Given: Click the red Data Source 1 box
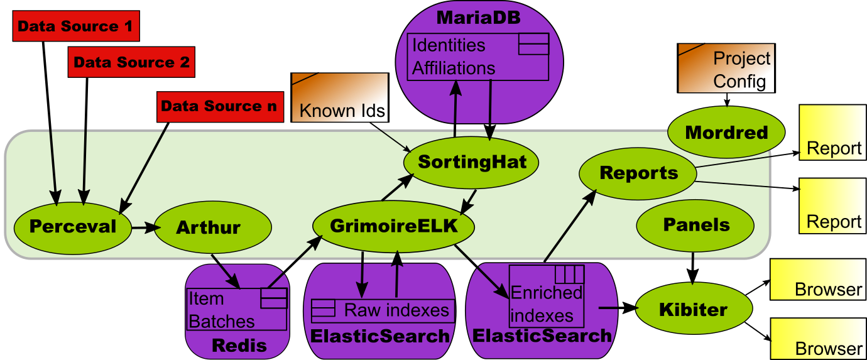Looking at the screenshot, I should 75,26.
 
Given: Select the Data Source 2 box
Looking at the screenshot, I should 131,62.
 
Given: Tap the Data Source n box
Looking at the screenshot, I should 219,106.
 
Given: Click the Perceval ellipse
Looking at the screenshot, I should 73,227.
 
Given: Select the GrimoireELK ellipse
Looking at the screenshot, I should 393,226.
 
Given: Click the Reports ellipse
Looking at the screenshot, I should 638,173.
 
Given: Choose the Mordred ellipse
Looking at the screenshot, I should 726,133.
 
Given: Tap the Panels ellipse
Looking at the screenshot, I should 695,225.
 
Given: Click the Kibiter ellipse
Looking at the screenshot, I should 693,309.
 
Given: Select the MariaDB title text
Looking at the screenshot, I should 478,18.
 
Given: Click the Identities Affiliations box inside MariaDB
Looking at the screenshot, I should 478,57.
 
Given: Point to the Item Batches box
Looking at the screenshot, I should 237,310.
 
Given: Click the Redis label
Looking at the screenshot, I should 239,345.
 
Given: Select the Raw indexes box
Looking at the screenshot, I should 382,310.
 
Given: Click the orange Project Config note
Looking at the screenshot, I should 726,68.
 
